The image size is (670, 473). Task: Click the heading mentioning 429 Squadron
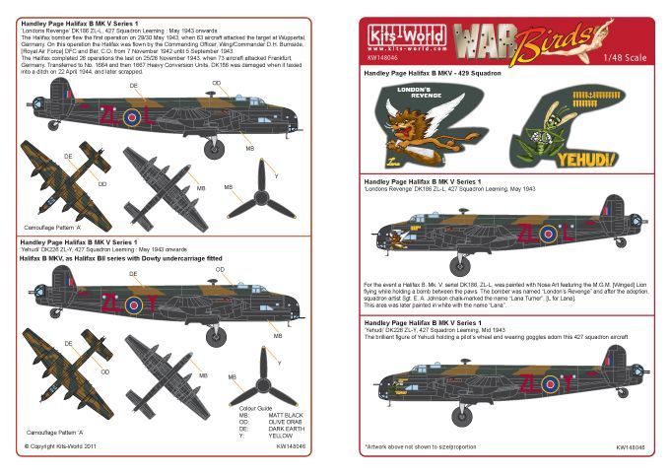tap(433, 74)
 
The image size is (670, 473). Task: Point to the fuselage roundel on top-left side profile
tap(131, 117)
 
